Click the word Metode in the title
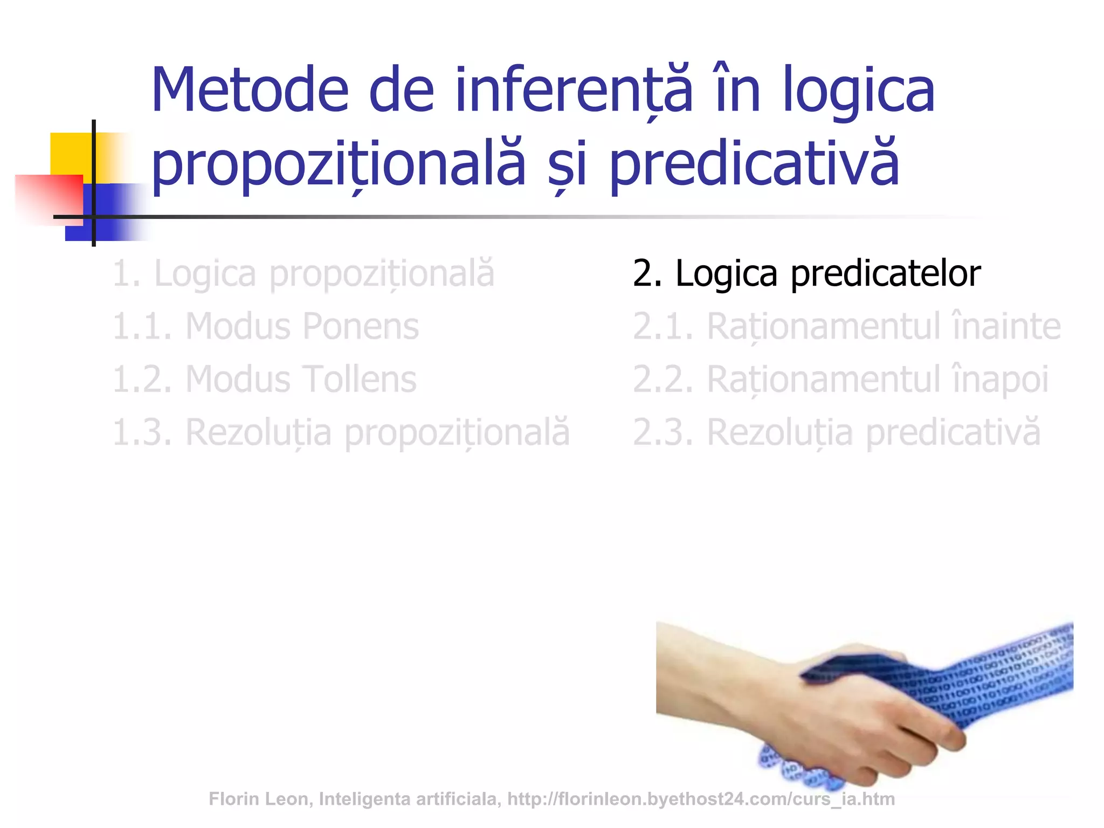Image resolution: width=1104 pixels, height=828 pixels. click(x=250, y=91)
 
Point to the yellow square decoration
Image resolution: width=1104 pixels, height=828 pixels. click(x=70, y=154)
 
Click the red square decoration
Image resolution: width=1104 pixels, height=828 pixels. click(x=49, y=197)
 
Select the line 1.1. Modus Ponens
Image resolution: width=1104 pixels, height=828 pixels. click(x=265, y=327)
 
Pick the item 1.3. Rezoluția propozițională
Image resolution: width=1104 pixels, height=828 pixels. click(x=341, y=432)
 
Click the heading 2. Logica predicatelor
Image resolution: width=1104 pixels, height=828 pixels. click(x=806, y=274)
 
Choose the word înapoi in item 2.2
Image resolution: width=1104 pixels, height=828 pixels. click(x=1000, y=379)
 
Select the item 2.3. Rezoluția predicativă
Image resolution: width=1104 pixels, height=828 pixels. click(x=836, y=432)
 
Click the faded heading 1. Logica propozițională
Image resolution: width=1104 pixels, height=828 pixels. click(x=303, y=274)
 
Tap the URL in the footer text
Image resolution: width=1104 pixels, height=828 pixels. click(x=701, y=799)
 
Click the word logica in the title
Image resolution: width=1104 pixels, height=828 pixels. click(x=858, y=91)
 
